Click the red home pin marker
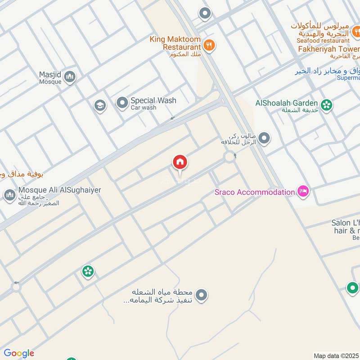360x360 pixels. (x=180, y=162)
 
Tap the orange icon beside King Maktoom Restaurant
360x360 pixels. (x=208, y=45)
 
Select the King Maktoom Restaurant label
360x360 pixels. (x=175, y=43)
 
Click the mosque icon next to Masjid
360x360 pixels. (x=69, y=77)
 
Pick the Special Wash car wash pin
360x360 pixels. (x=122, y=103)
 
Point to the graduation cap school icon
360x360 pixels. (x=100, y=106)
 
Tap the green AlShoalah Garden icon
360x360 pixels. (x=327, y=105)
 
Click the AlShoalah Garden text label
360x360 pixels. (x=287, y=103)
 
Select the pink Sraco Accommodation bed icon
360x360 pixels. (x=303, y=191)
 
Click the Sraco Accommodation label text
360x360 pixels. (x=254, y=192)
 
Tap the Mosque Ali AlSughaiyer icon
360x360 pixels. (x=9, y=196)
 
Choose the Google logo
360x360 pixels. (x=18, y=353)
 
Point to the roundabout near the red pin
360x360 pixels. (x=230, y=157)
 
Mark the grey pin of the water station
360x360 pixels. (x=202, y=295)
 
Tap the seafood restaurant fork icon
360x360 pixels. (x=356, y=31)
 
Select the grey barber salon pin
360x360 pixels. (x=265, y=139)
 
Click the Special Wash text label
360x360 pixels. (x=153, y=101)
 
